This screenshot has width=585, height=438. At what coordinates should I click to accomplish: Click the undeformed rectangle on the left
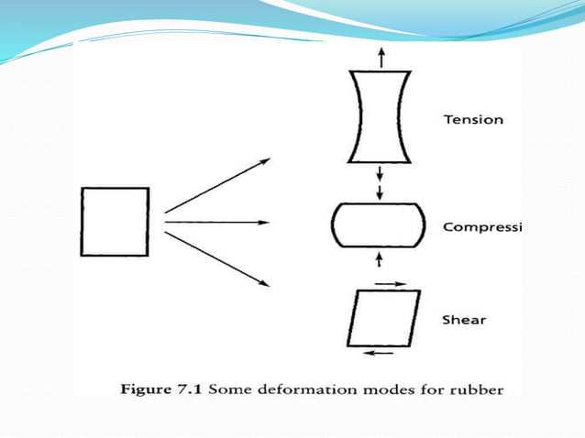tap(115, 222)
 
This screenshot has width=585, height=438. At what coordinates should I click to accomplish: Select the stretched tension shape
tap(379, 116)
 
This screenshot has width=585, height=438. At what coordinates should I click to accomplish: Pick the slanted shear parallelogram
tap(384, 317)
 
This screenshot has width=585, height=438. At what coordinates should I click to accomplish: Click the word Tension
tap(473, 120)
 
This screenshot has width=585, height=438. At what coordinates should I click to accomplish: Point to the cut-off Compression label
tap(481, 226)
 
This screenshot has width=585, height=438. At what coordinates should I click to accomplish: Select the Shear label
tap(464, 320)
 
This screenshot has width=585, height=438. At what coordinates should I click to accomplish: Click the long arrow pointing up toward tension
tap(218, 185)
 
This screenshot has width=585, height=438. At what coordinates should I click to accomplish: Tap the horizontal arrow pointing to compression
tap(216, 222)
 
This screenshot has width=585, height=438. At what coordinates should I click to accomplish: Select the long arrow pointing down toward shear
tap(218, 258)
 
